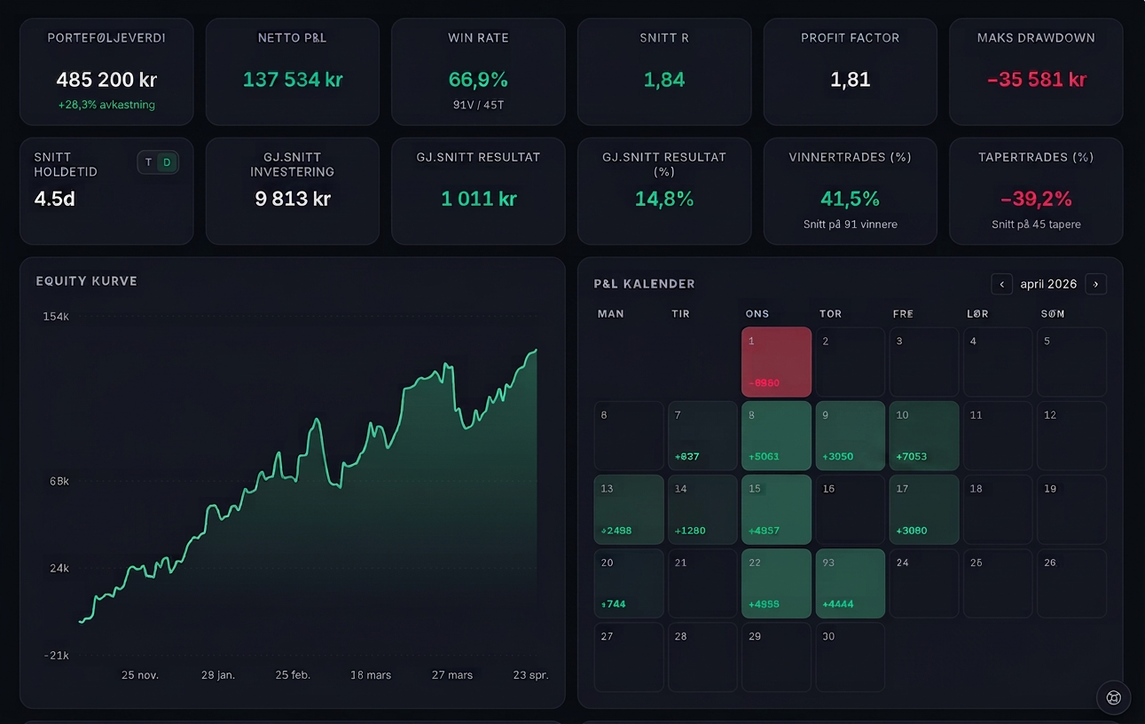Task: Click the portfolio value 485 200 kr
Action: pyautogui.click(x=106, y=80)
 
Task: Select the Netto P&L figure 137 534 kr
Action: pyautogui.click(x=293, y=80)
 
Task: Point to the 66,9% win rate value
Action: pyautogui.click(x=478, y=80)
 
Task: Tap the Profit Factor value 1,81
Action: pyautogui.click(x=850, y=80)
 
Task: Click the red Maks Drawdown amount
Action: pyautogui.click(x=1036, y=80)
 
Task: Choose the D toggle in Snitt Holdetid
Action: pyautogui.click(x=167, y=162)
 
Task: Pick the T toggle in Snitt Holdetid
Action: pyautogui.click(x=148, y=162)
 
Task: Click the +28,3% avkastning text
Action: pyautogui.click(x=106, y=105)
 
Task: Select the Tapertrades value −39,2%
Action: pyautogui.click(x=1036, y=199)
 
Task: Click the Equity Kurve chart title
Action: pyautogui.click(x=87, y=281)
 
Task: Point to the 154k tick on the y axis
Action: pyautogui.click(x=56, y=317)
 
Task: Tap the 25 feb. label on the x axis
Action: pyautogui.click(x=293, y=675)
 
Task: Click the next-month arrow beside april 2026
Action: pyautogui.click(x=1096, y=284)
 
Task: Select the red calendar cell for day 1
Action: pyautogui.click(x=776, y=362)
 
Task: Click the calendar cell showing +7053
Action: pyautogui.click(x=924, y=436)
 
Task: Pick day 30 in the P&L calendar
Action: pyautogui.click(x=850, y=657)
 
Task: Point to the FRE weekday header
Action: pyautogui.click(x=903, y=314)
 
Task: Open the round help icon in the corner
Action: pyautogui.click(x=1114, y=697)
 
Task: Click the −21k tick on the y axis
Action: pyautogui.click(x=57, y=656)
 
